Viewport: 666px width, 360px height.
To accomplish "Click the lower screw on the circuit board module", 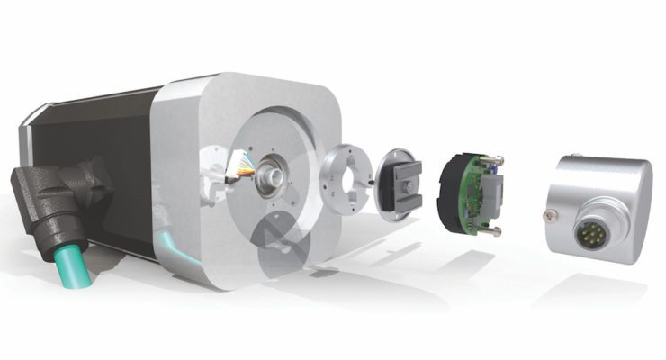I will tap(491, 233).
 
